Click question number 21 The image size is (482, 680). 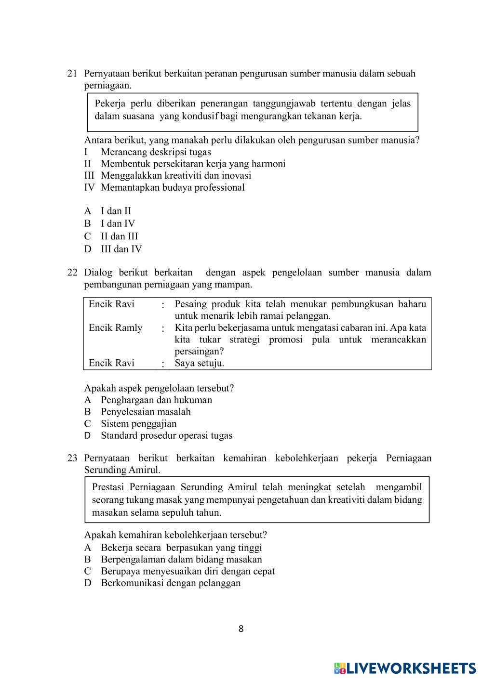coord(72,74)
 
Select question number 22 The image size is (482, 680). coord(72,273)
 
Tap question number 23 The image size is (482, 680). coord(72,458)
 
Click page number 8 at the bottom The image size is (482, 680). coord(241,628)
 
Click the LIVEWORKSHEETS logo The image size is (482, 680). coord(405,667)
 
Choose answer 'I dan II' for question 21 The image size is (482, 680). coord(116,211)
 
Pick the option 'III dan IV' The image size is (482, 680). coord(121,249)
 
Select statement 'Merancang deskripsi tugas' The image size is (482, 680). coord(156,152)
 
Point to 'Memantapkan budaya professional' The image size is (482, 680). coord(173,187)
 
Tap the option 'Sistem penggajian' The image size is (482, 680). coord(138,424)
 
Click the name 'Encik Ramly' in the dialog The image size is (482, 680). coord(116,328)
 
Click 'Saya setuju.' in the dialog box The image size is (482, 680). coord(199,363)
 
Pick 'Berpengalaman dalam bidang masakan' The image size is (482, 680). coord(181,559)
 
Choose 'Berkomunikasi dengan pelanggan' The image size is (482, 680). coord(171,583)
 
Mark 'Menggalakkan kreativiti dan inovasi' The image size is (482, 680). coord(176,176)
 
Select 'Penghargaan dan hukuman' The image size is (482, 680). coord(156,400)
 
